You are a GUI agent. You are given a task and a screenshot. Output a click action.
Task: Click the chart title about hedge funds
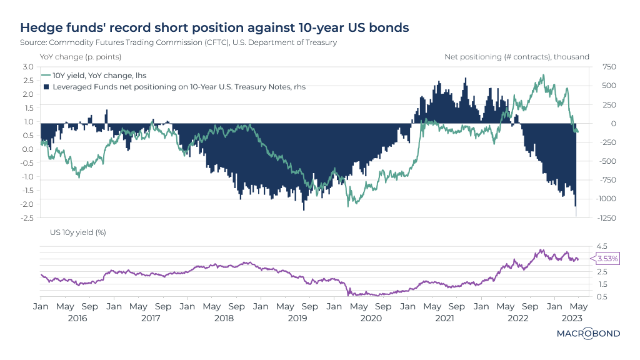coord(216,28)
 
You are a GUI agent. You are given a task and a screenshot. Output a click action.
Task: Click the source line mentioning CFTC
coord(179,42)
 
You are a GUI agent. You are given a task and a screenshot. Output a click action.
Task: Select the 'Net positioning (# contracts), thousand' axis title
coord(517,57)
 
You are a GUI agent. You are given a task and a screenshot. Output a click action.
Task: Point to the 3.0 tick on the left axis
coord(28,67)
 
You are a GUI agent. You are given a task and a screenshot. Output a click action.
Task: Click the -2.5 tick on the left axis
coord(27,218)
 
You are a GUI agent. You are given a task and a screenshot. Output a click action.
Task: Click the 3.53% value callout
coord(607,259)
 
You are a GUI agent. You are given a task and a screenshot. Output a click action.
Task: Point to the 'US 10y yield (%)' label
coord(77,232)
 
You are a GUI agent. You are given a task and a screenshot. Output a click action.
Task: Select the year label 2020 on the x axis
coord(371,318)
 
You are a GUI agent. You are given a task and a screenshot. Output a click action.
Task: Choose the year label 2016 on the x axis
coord(77,318)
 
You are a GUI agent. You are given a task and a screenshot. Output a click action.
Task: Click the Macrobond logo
coord(588,334)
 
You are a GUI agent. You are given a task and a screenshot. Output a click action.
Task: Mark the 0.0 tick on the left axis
coord(28,149)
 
